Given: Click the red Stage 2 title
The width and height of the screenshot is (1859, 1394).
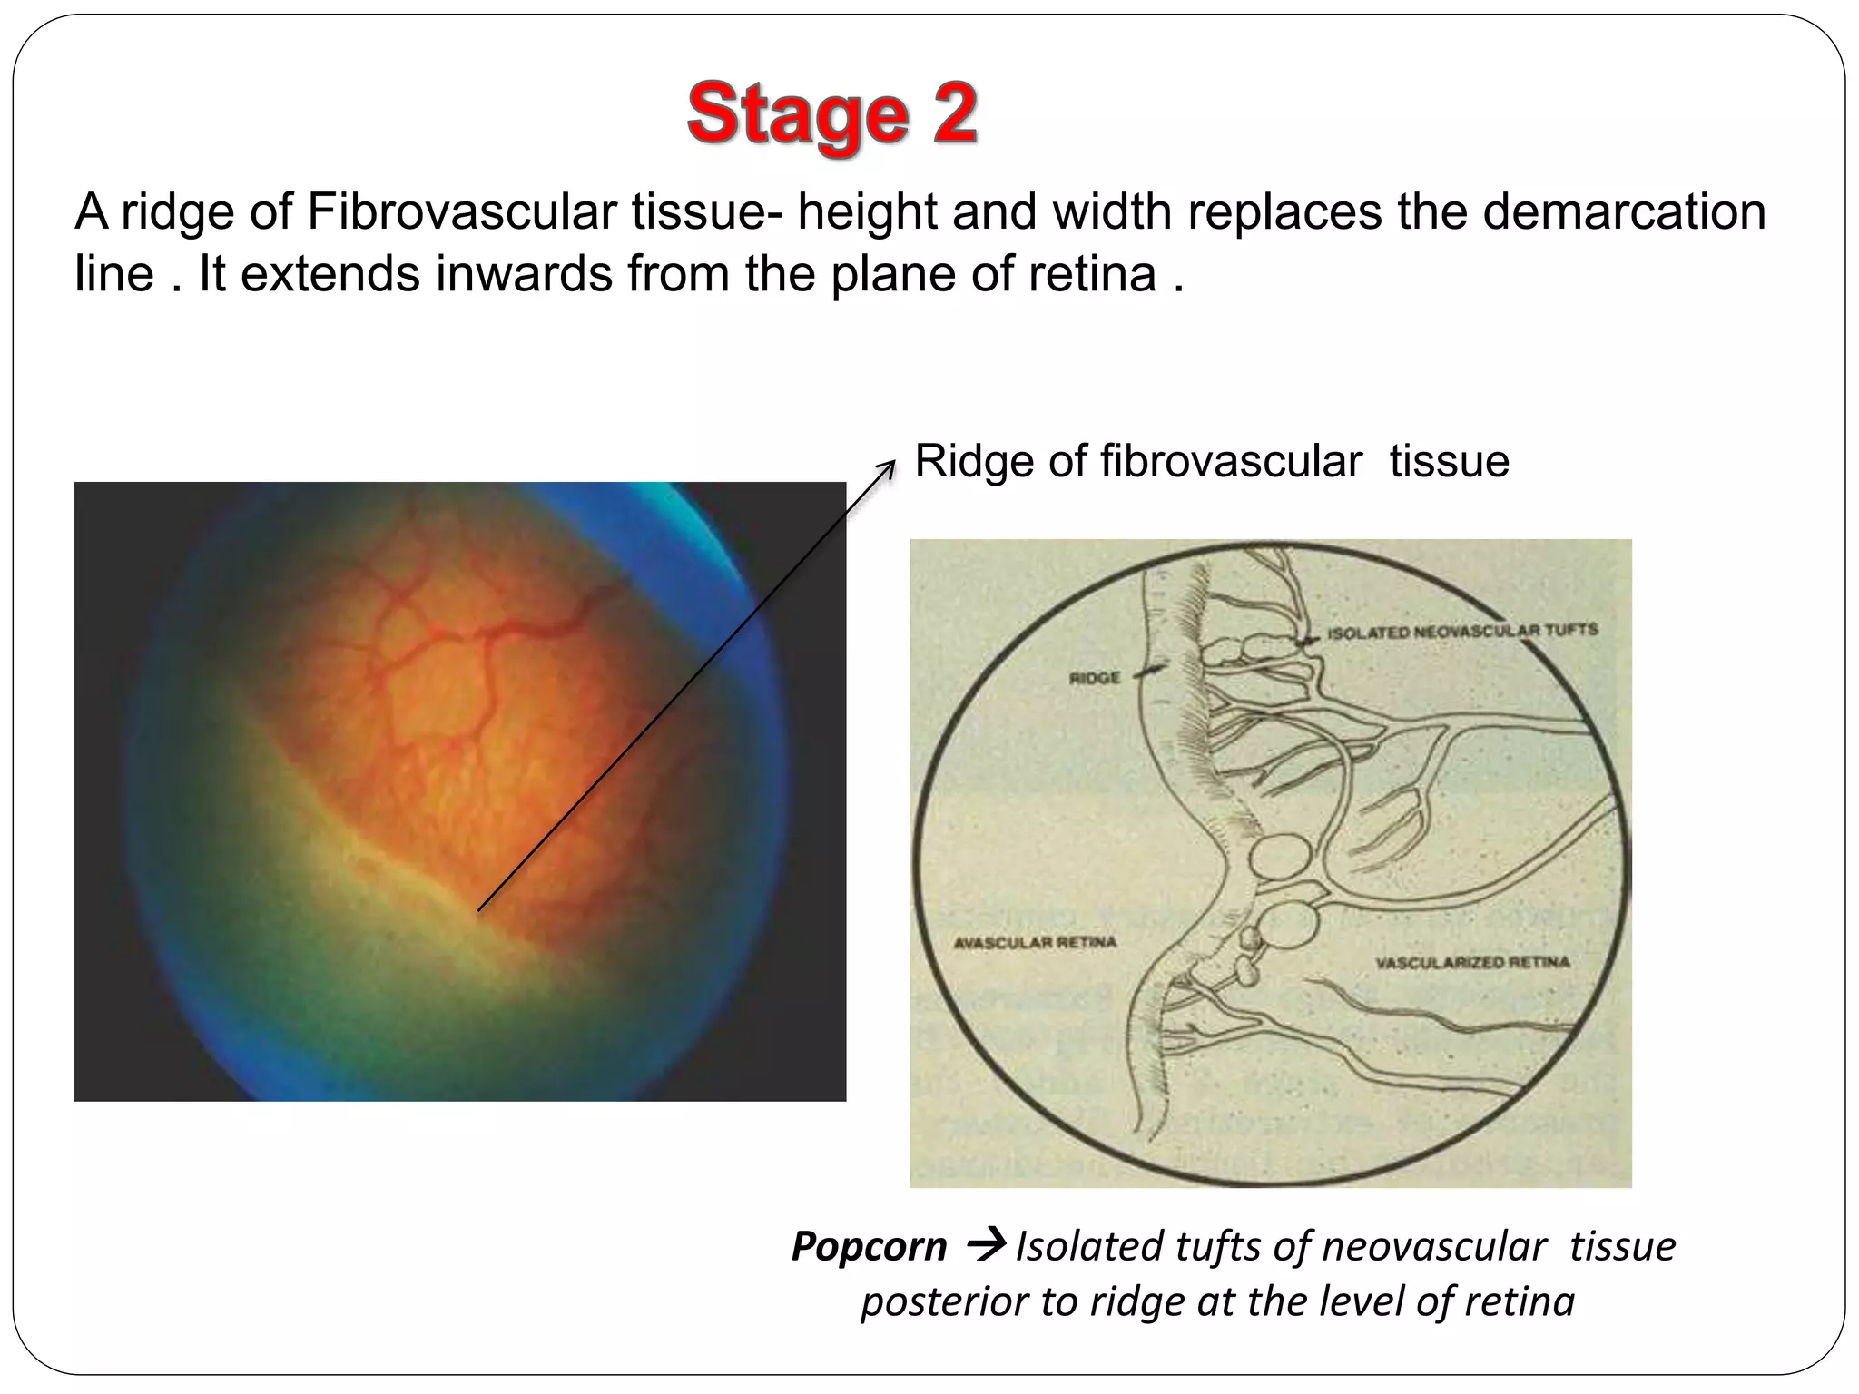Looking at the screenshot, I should click(x=831, y=114).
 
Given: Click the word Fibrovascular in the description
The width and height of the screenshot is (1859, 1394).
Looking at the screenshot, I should click(x=463, y=212).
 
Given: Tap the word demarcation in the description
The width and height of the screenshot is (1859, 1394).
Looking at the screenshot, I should click(x=1626, y=212).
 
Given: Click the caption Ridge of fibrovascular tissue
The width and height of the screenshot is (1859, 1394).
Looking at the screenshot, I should click(x=1211, y=461).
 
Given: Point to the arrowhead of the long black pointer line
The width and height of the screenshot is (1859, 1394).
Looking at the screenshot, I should click(x=891, y=464).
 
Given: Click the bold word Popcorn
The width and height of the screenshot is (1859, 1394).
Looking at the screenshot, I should click(x=869, y=1246).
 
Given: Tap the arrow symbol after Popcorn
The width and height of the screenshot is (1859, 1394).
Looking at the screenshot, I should click(x=986, y=1243).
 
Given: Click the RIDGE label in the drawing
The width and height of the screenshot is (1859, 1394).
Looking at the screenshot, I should click(x=1094, y=678).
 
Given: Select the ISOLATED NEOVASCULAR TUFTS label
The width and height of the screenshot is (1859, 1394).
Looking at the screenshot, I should click(x=1461, y=631).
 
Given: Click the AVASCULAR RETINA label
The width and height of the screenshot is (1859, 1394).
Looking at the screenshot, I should click(x=1034, y=943).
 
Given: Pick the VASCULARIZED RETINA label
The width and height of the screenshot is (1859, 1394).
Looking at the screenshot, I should click(x=1471, y=962).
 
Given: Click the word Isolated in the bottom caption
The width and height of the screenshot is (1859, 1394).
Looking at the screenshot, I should click(x=1086, y=1246).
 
